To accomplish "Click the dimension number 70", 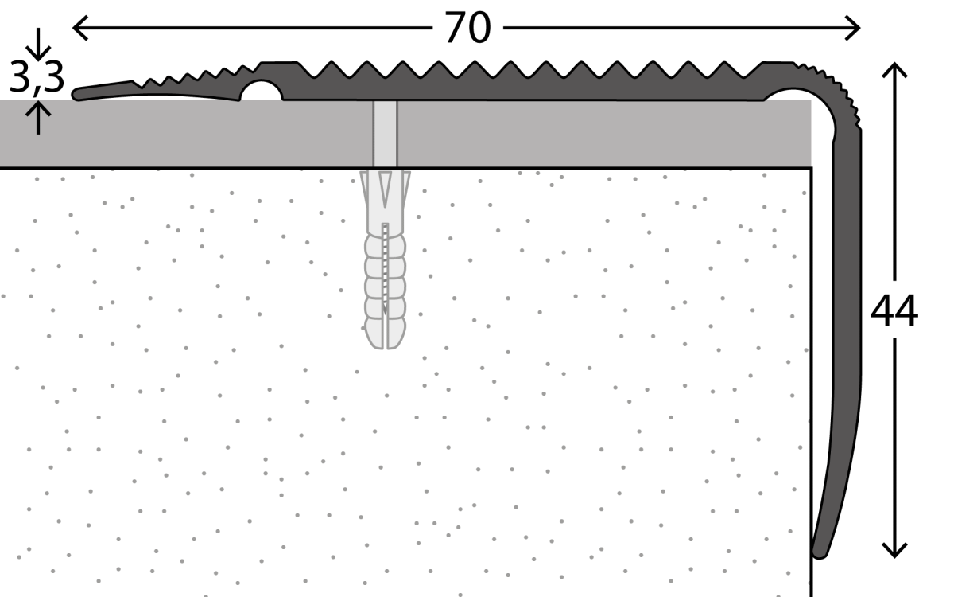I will [467, 29].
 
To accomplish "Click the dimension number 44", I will [894, 311].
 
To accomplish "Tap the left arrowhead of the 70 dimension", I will [79, 29].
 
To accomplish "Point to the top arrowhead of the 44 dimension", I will [895, 70].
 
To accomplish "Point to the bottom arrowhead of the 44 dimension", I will [895, 549].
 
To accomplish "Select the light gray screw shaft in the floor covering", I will [385, 134].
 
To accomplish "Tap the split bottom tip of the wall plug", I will [385, 338].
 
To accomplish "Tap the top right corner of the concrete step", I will [810, 169].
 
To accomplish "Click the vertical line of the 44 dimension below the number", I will [895, 438].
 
